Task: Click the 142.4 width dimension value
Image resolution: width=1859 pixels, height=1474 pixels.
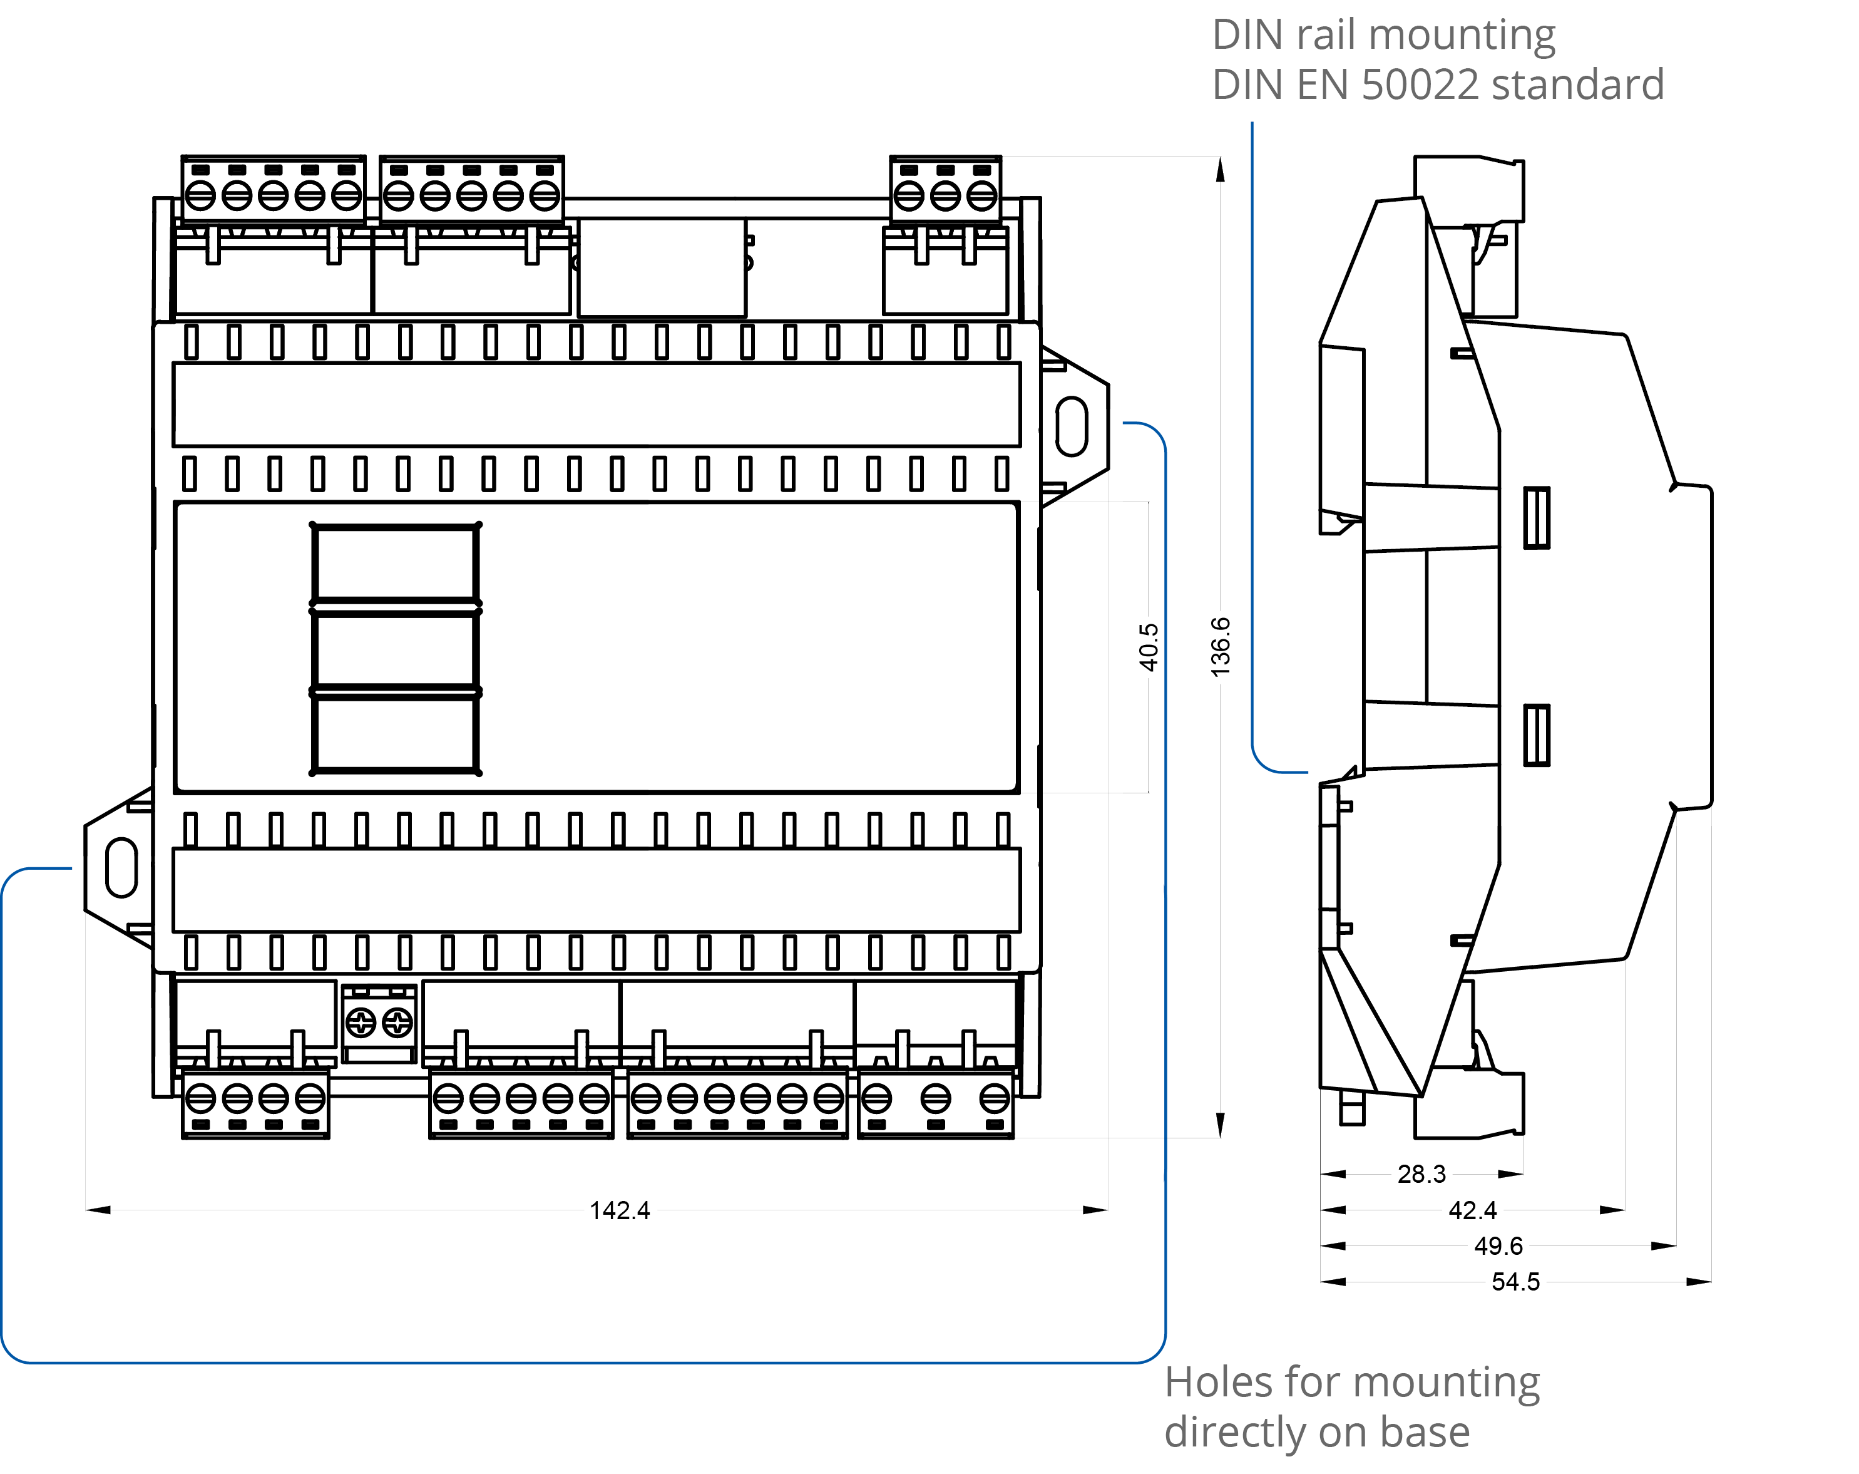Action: [x=619, y=1210]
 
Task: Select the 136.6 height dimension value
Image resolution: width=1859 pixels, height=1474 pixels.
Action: [x=1220, y=647]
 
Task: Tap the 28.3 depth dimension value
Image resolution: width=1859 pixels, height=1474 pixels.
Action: [x=1421, y=1174]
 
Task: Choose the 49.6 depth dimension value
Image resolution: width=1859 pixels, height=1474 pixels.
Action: [x=1498, y=1245]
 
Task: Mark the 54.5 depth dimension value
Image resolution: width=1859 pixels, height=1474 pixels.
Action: [x=1515, y=1282]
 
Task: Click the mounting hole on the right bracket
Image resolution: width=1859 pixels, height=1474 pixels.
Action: [x=1071, y=425]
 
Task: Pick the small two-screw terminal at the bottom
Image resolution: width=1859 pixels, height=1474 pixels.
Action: [x=379, y=1023]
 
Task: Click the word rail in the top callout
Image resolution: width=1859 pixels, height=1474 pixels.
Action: [x=1327, y=34]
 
